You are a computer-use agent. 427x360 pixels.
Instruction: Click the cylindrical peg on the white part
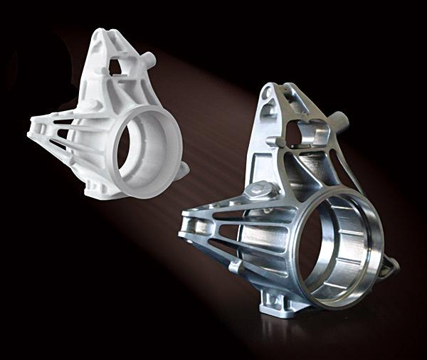pos(149,58)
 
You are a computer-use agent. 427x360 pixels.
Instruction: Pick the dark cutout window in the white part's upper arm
pos(116,66)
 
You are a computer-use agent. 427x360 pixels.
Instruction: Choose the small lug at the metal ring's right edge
pos(389,265)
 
